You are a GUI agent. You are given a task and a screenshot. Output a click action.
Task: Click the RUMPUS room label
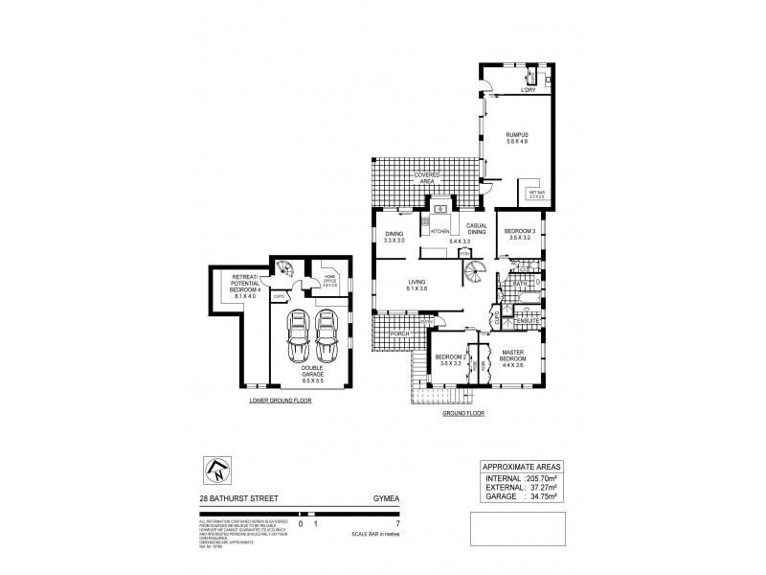[517, 135]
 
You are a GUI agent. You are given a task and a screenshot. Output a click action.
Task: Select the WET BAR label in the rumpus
[536, 193]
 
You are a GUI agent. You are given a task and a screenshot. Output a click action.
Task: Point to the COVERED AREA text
[427, 178]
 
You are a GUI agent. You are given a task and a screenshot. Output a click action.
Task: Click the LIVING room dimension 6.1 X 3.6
[416, 288]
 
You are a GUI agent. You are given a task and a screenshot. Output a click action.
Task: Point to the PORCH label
[387, 333]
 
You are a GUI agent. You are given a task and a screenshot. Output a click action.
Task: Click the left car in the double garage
[299, 333]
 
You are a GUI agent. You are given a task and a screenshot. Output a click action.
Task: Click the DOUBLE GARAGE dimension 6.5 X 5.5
[312, 380]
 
